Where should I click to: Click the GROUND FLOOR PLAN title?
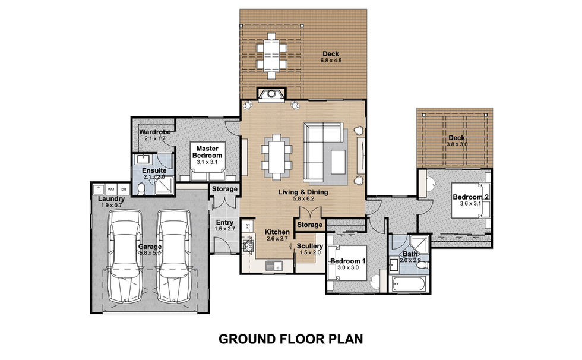point(290,339)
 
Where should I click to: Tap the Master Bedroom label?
point(207,152)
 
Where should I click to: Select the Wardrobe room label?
point(155,132)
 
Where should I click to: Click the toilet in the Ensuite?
point(141,190)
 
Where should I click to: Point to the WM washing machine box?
point(111,190)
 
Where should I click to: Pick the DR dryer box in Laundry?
point(124,190)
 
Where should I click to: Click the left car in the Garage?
point(125,256)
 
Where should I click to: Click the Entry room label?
point(224,222)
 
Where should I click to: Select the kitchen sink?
point(274,266)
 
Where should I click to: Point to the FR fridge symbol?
point(247,225)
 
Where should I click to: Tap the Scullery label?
point(310,246)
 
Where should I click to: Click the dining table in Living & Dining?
point(277,157)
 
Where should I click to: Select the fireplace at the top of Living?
point(271,94)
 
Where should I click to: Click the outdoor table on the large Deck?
point(271,56)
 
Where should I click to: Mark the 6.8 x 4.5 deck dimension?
point(331,60)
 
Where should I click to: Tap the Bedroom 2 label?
point(470,197)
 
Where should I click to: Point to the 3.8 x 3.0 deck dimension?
point(457,144)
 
